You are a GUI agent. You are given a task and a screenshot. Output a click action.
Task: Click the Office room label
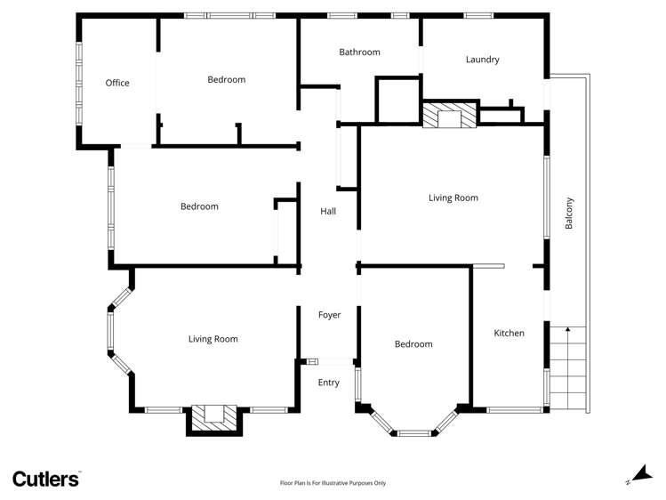tap(117, 83)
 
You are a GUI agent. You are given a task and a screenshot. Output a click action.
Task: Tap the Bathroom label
tap(359, 52)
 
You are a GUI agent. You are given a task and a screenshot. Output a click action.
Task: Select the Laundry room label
tap(482, 60)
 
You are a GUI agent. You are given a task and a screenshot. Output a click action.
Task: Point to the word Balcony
tap(570, 214)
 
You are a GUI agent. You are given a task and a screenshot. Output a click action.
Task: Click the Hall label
tap(328, 212)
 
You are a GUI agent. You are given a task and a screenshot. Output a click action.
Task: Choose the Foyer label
tap(329, 315)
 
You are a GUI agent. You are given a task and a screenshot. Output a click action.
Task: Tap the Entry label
tap(329, 383)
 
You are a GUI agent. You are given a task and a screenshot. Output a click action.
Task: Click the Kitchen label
tap(510, 334)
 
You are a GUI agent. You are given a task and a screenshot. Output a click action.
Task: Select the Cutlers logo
tap(46, 479)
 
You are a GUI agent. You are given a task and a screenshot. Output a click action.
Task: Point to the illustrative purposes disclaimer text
tap(333, 483)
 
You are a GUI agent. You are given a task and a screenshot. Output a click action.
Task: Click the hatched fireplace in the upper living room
tap(449, 117)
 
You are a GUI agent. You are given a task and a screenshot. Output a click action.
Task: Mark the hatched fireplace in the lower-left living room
tap(213, 415)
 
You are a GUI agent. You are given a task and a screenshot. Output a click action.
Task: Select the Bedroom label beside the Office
tap(226, 80)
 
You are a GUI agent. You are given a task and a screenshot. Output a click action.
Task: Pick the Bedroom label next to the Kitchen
tap(413, 344)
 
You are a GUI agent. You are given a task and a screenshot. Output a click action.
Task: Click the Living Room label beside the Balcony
tap(453, 198)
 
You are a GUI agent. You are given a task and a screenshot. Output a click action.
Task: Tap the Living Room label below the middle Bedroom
tap(213, 339)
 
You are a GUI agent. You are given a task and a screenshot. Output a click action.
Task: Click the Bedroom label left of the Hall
tap(199, 207)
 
